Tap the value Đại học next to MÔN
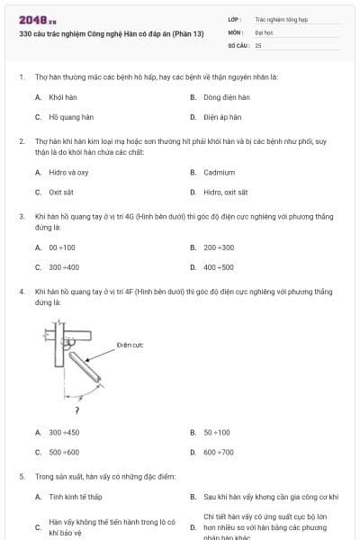pos(265,31)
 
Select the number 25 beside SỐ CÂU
pos(258,44)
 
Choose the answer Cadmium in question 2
pos(219,172)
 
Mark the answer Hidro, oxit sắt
pos(225,192)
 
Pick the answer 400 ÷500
pos(219,267)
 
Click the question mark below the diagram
pos(76,410)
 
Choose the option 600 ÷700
pos(219,452)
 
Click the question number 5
pos(22,475)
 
